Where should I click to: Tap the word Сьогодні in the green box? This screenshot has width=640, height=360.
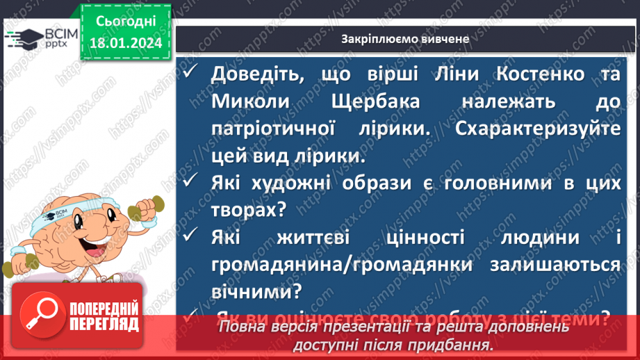click(125, 21)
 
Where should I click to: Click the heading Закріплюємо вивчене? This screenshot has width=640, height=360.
click(406, 39)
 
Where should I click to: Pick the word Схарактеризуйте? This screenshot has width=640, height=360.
click(538, 129)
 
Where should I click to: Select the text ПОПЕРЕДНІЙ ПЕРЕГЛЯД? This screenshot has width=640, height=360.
click(101, 316)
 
